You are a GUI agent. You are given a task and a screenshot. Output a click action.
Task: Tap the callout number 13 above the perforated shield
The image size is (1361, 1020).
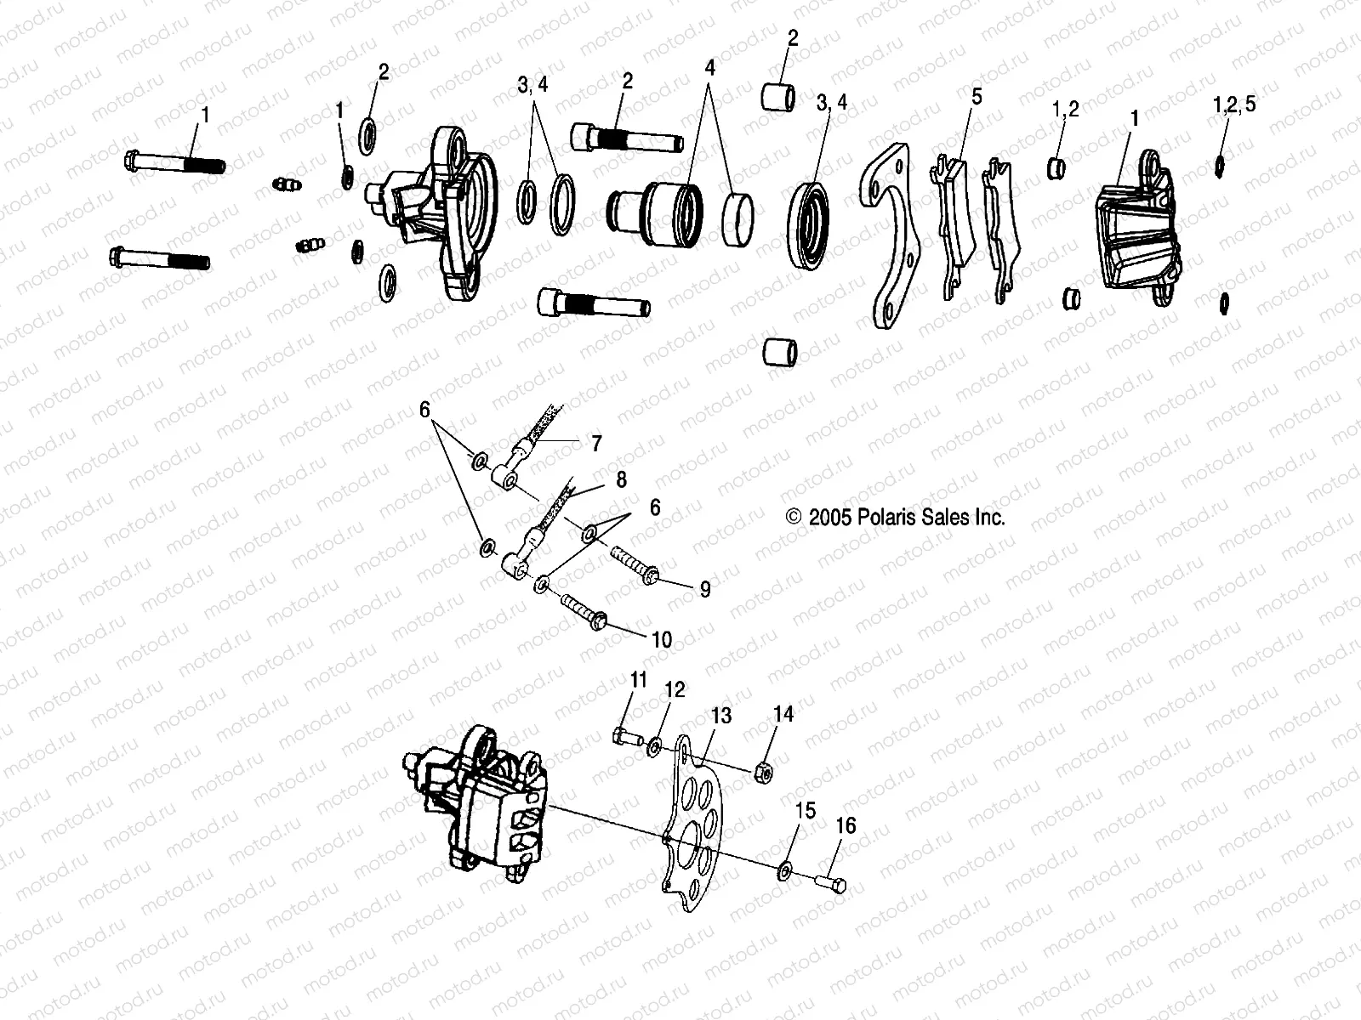(x=720, y=717)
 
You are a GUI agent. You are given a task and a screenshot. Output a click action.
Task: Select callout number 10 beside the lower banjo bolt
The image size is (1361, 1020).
(x=661, y=639)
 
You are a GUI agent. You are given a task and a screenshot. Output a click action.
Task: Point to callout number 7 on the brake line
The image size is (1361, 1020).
(x=596, y=443)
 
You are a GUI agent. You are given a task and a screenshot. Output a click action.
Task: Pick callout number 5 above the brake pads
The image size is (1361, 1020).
(x=977, y=96)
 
